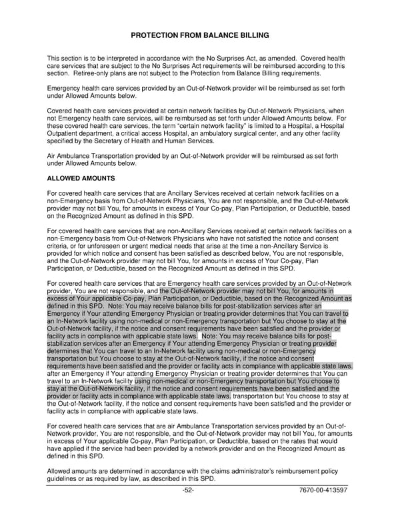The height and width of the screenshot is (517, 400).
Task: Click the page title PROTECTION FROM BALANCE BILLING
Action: [200, 35]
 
